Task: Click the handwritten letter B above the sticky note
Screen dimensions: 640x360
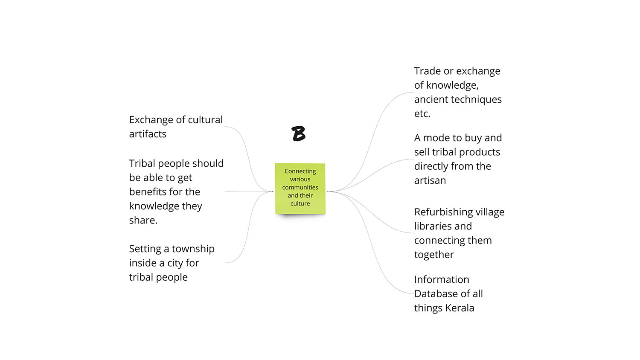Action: pos(299,134)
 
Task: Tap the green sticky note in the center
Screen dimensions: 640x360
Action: pos(300,189)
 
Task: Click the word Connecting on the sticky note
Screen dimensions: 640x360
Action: pos(300,171)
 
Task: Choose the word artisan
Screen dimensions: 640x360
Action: pos(430,180)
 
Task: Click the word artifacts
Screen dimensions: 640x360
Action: pos(148,134)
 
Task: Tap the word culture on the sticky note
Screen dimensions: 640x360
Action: pos(300,203)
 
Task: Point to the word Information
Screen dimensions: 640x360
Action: pos(442,279)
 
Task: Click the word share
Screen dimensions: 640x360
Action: pos(143,220)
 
